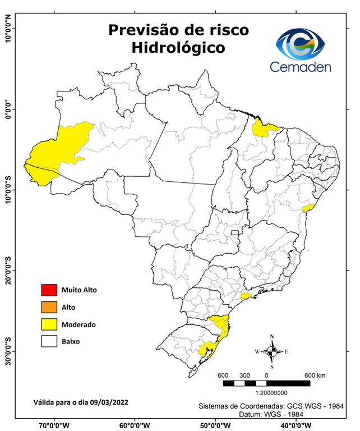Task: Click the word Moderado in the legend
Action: point(79,324)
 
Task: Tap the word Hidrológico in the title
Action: point(178,48)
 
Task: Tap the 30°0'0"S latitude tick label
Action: point(8,351)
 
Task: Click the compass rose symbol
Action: point(272,351)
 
